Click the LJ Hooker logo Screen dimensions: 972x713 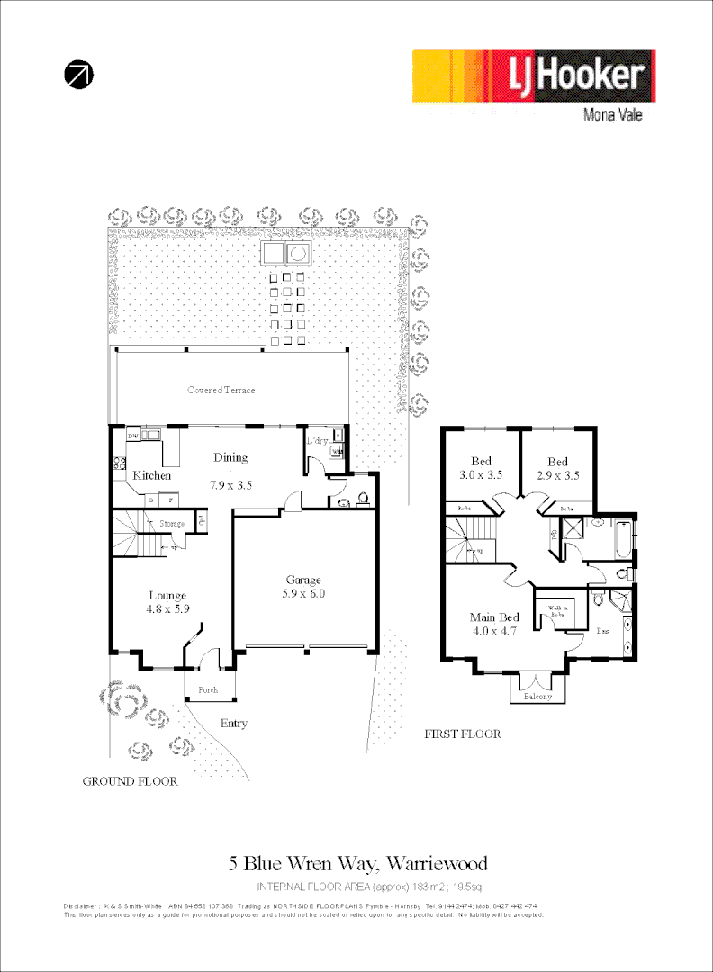pyautogui.click(x=534, y=76)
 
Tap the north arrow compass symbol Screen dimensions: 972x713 pyautogui.click(x=78, y=76)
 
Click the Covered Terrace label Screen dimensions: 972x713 pyautogui.click(x=221, y=391)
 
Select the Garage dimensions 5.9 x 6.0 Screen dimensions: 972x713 pyautogui.click(x=303, y=594)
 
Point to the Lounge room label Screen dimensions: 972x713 pyautogui.click(x=167, y=596)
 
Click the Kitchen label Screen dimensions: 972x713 pyautogui.click(x=152, y=475)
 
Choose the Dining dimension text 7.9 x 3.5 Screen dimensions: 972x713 pyautogui.click(x=231, y=484)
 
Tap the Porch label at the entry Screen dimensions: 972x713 pyautogui.click(x=208, y=690)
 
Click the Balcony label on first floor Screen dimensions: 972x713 pyautogui.click(x=538, y=696)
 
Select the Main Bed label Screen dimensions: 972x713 pyautogui.click(x=494, y=617)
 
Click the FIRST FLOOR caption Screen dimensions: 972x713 pyautogui.click(x=462, y=734)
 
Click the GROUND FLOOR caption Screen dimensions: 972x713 pyautogui.click(x=130, y=781)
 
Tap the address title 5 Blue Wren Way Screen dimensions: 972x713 pyautogui.click(x=357, y=864)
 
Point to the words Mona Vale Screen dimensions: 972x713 pyautogui.click(x=613, y=115)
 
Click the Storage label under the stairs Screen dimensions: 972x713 pyautogui.click(x=172, y=524)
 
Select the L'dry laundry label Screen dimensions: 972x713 pyautogui.click(x=317, y=440)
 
